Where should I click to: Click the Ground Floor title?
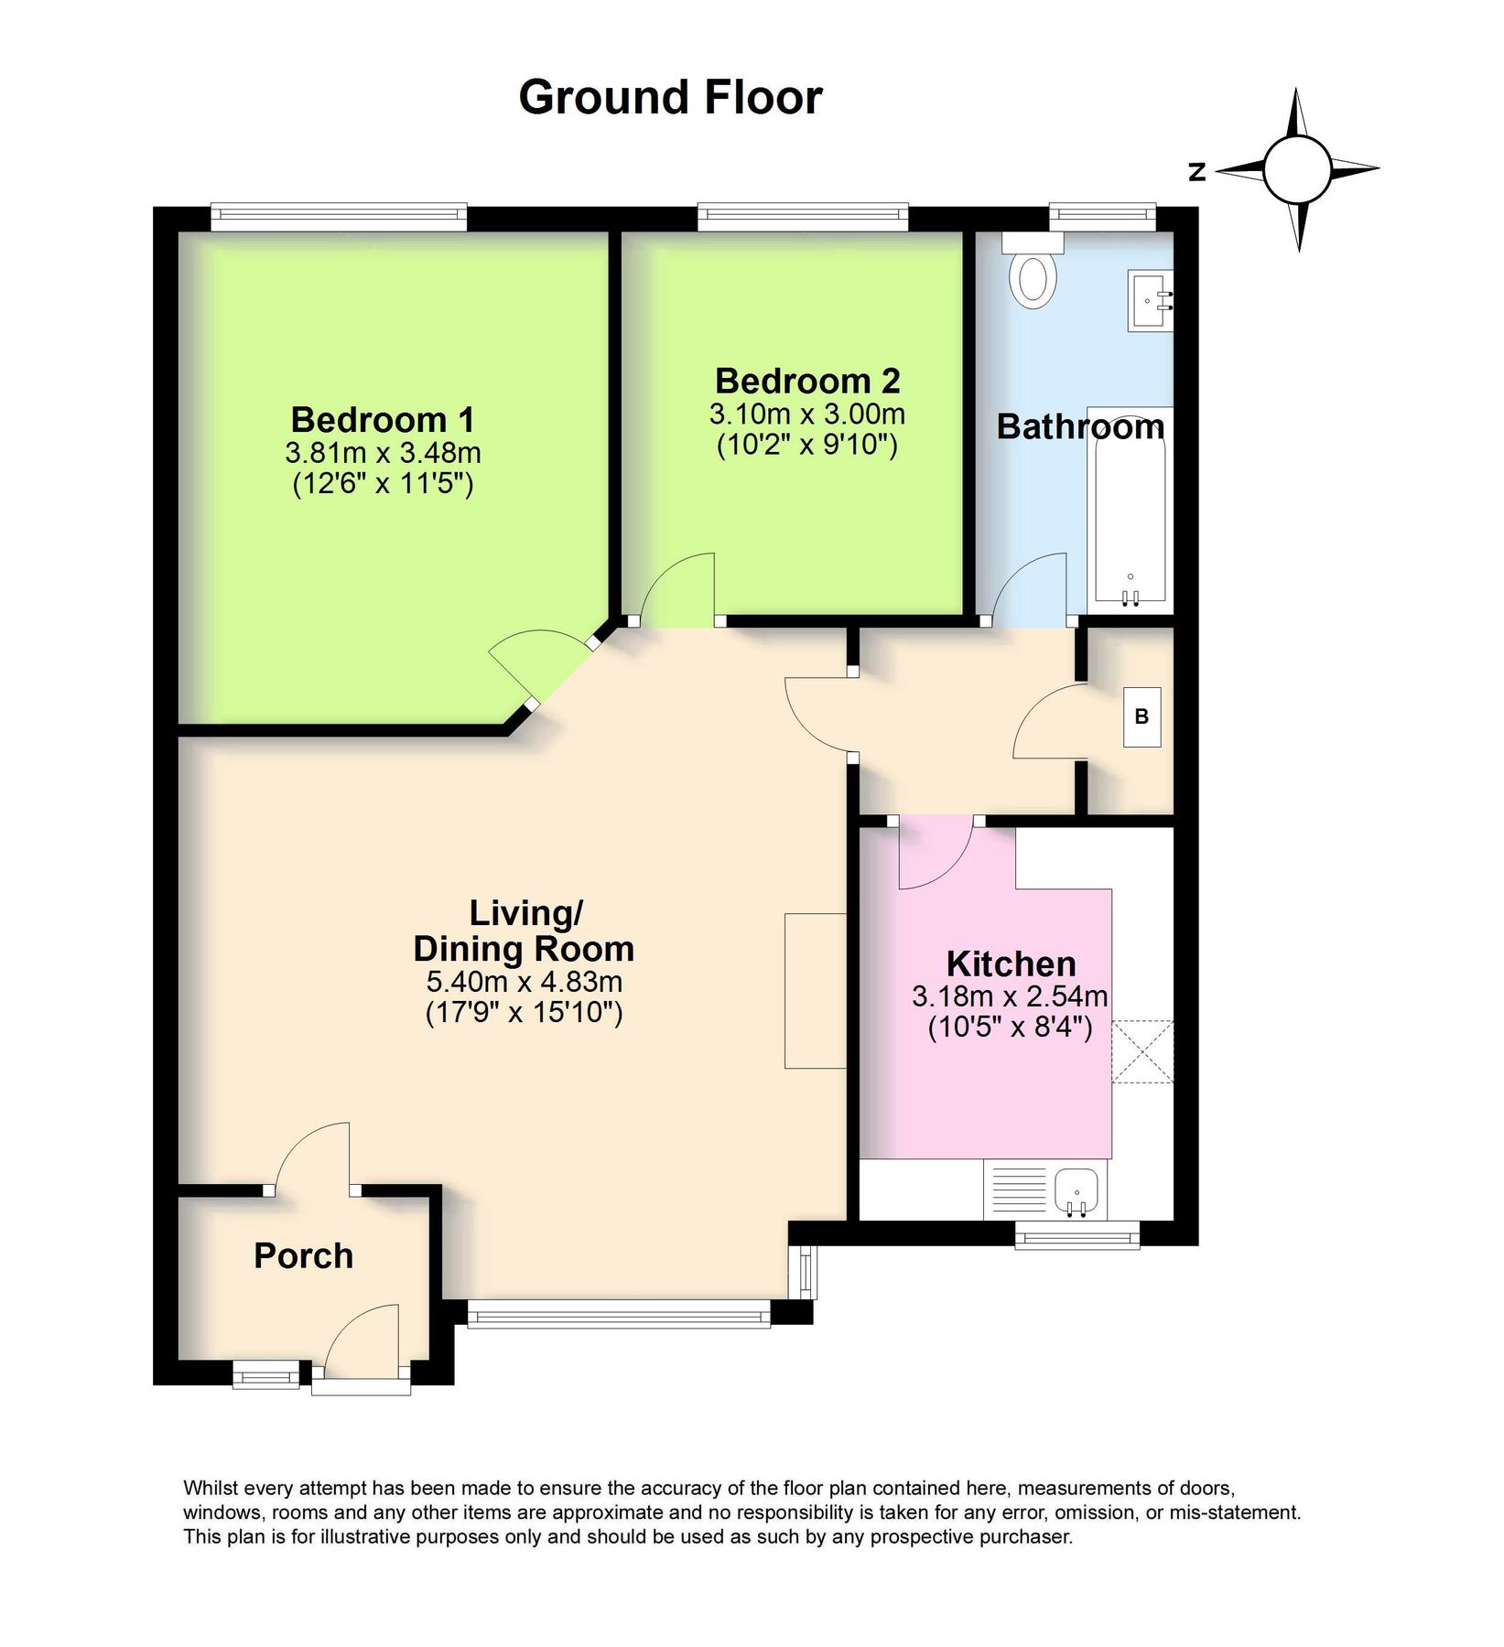(669, 97)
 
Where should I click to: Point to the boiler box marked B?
(1142, 717)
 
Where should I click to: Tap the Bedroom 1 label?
(383, 420)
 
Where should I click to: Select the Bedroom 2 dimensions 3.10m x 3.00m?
(806, 414)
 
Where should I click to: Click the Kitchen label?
(1011, 963)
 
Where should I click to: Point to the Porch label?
(303, 1255)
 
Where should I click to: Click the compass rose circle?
(1296, 169)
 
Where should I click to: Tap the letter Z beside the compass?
(1196, 172)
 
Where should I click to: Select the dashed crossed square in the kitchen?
(1142, 1051)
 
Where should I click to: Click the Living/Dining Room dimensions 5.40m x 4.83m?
(524, 983)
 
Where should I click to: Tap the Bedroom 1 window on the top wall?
(339, 217)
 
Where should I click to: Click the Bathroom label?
(1080, 426)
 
